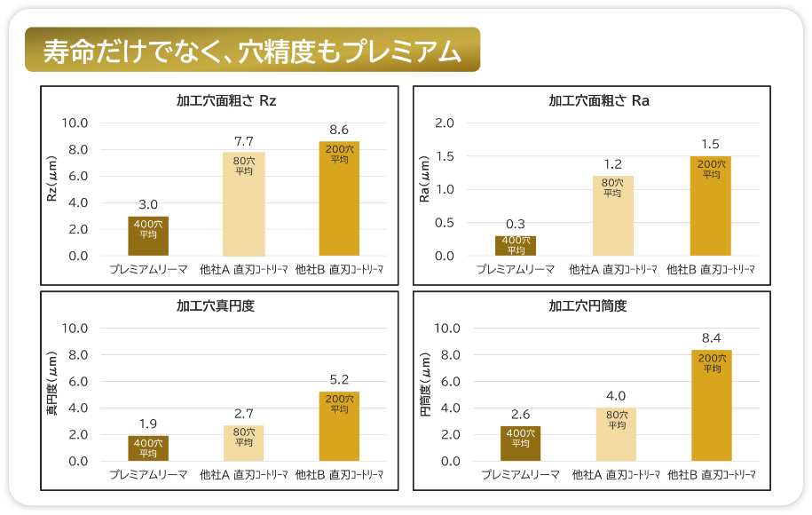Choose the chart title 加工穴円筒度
coord(587,306)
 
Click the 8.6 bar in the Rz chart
coord(339,199)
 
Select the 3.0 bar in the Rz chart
coord(148,236)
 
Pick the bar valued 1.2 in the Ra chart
coord(612,216)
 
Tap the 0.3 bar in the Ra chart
coord(516,246)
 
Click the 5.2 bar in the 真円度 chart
coord(339,426)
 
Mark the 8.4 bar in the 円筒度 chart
coord(712,405)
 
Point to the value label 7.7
coord(244,141)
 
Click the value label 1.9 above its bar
coord(148,424)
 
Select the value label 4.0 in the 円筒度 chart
coord(616,396)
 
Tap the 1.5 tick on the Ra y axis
coord(445,156)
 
